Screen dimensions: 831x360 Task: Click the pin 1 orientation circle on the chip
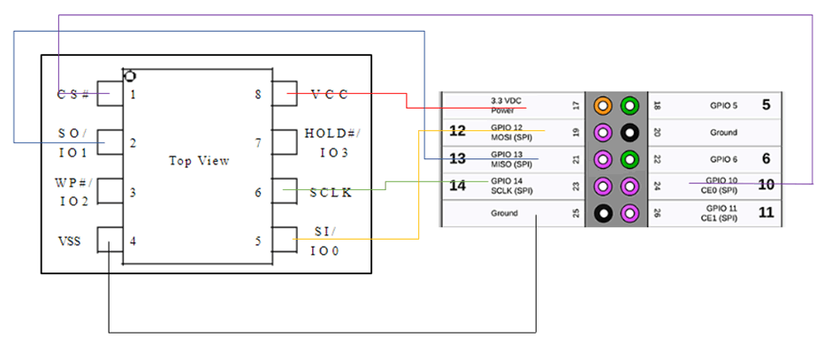pyautogui.click(x=129, y=76)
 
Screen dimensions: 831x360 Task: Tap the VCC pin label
pyautogui.click(x=330, y=95)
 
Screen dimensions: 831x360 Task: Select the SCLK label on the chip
pyautogui.click(x=331, y=193)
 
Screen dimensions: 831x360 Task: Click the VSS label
pyautogui.click(x=70, y=241)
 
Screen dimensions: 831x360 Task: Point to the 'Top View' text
pyautogui.click(x=199, y=161)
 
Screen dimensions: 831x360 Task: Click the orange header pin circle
pyautogui.click(x=603, y=105)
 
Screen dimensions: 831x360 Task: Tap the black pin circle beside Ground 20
pyautogui.click(x=629, y=132)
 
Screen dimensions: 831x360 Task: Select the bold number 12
pyautogui.click(x=457, y=130)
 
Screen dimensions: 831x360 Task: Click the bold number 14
pyautogui.click(x=457, y=186)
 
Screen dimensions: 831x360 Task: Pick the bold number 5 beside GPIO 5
pyautogui.click(x=766, y=105)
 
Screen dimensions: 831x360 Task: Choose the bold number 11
pyautogui.click(x=766, y=213)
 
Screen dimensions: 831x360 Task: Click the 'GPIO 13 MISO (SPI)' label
pyautogui.click(x=511, y=159)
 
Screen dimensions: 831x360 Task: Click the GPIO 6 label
pyautogui.click(x=723, y=159)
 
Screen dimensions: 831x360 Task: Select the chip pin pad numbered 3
pyautogui.click(x=111, y=191)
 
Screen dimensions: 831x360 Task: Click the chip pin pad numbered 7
pyautogui.click(x=284, y=142)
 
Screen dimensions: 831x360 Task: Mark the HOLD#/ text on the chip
pyautogui.click(x=332, y=133)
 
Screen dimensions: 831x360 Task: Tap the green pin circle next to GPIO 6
pyautogui.click(x=629, y=159)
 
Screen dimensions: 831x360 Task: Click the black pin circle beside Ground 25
pyautogui.click(x=603, y=213)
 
